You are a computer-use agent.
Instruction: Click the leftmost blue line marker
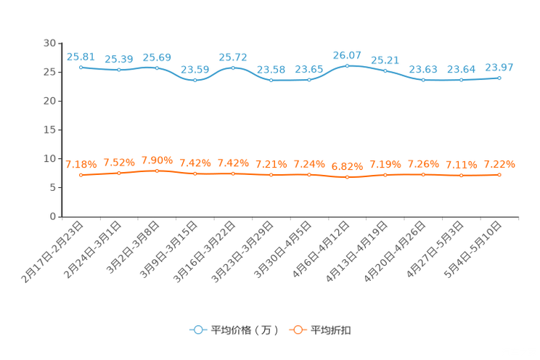point(81,67)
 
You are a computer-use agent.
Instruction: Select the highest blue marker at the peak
point(347,65)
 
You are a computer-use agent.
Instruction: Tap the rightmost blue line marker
point(499,77)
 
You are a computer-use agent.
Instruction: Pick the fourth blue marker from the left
point(195,80)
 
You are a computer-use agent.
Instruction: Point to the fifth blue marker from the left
point(233,67)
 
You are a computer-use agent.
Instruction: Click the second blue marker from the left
point(118,70)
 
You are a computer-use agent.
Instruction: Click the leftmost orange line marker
point(81,175)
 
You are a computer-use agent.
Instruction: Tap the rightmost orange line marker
point(499,174)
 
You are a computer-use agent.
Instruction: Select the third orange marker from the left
point(157,171)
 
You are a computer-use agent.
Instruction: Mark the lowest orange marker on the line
point(347,176)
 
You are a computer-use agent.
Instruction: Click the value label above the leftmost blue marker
point(80,56)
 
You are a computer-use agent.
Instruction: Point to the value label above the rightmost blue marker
point(499,67)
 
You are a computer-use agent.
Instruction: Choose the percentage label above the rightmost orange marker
point(499,163)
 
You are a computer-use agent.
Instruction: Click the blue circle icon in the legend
point(197,330)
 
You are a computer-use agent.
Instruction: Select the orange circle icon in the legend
point(297,330)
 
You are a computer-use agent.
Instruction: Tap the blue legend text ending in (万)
point(245,330)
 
